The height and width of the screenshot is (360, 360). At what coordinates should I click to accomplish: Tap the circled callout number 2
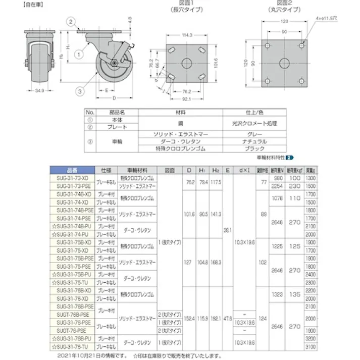tap(72, 21)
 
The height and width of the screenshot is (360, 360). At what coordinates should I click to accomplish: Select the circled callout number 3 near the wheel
tap(80, 91)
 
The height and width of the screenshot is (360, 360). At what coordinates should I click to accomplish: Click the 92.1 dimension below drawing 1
tap(187, 98)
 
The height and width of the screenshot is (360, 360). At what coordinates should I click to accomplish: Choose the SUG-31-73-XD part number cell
tap(73, 178)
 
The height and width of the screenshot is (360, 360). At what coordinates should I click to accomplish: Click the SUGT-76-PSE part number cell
tap(73, 330)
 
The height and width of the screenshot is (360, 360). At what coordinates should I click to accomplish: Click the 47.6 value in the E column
tap(228, 319)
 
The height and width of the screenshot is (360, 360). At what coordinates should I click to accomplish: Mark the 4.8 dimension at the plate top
tap(130, 20)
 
